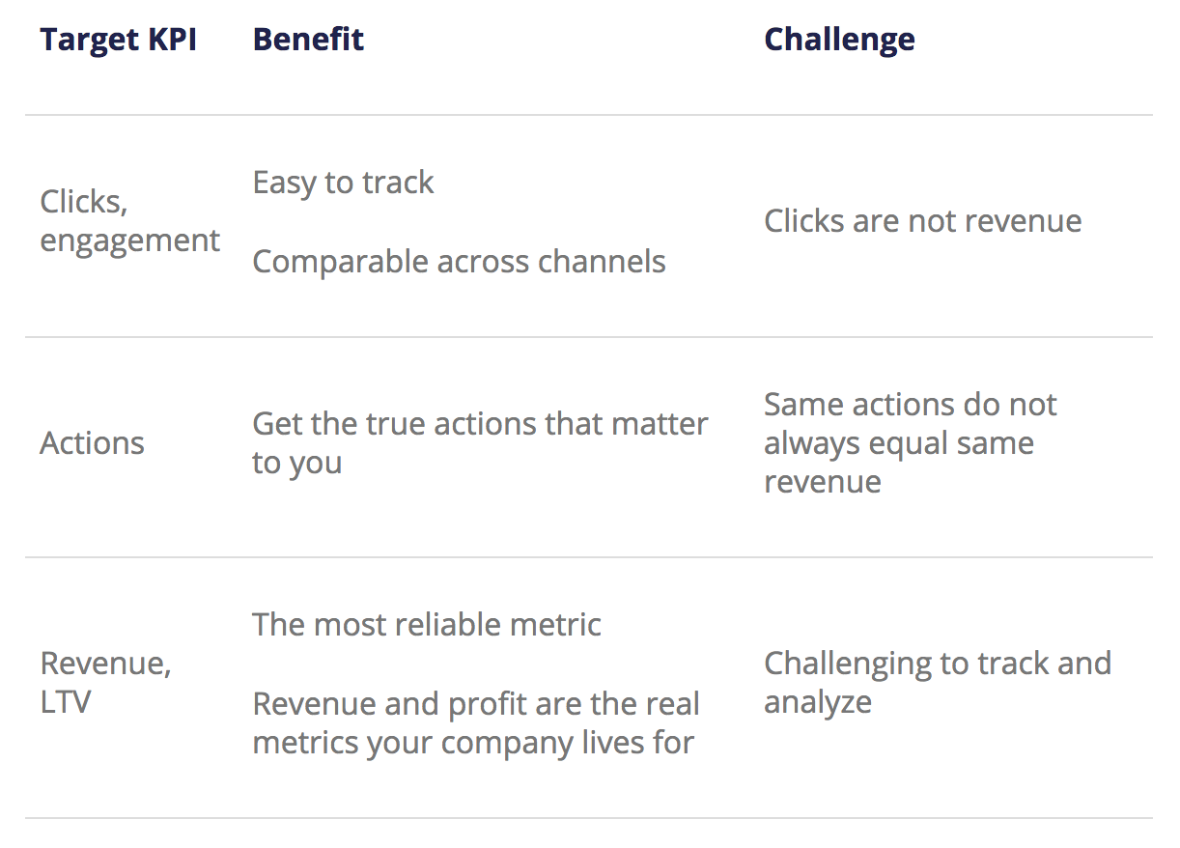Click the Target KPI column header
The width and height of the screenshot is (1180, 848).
tap(119, 39)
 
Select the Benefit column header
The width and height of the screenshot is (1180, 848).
tap(308, 39)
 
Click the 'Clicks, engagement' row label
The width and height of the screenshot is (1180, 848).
tap(129, 221)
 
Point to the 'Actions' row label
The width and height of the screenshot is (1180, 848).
tap(92, 442)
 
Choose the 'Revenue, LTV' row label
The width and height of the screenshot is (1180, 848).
tap(106, 683)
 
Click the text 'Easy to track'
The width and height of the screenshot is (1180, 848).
tap(343, 183)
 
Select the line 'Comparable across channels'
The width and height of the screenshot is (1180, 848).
tap(459, 262)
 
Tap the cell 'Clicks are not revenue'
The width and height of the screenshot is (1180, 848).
tap(923, 220)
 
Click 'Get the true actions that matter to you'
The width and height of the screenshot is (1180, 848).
tap(481, 443)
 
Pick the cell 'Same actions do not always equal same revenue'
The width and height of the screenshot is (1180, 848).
tap(911, 442)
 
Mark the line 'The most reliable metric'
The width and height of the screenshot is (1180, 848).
tap(427, 625)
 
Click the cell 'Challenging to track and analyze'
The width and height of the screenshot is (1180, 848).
tap(938, 683)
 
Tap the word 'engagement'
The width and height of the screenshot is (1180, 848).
tap(129, 241)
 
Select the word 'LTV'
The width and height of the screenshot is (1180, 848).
tap(66, 702)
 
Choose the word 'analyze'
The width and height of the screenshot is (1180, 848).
tap(818, 703)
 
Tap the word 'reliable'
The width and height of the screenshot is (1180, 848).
tap(446, 625)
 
